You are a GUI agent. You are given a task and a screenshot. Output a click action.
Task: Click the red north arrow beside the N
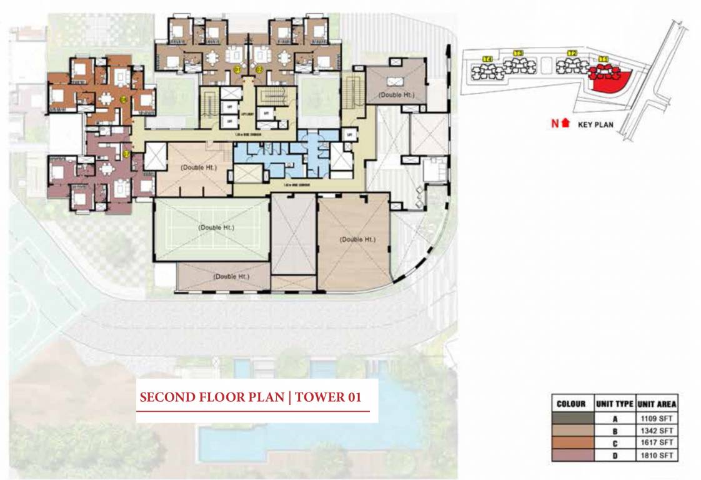pyautogui.click(x=566, y=123)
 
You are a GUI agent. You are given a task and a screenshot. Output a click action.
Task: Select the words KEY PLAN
pyautogui.click(x=595, y=124)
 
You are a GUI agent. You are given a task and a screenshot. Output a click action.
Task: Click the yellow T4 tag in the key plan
pyautogui.click(x=488, y=59)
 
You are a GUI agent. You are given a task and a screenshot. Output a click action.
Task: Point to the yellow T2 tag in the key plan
pyautogui.click(x=571, y=54)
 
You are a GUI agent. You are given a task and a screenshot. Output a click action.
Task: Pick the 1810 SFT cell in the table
pyautogui.click(x=656, y=456)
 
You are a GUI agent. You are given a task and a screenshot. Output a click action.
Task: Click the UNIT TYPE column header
pyautogui.click(x=615, y=404)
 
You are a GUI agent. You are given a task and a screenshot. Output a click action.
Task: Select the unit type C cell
pyautogui.click(x=615, y=444)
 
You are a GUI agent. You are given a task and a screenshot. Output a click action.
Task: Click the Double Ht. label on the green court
pyautogui.click(x=216, y=227)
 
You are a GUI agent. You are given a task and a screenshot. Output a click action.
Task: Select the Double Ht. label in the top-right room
pyautogui.click(x=396, y=94)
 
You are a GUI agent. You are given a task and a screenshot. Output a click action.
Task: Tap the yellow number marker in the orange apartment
pyautogui.click(x=124, y=99)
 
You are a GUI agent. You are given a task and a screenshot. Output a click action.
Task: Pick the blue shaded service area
pyautogui.click(x=281, y=153)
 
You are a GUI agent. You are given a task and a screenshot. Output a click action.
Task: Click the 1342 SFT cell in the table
pyautogui.click(x=656, y=431)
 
